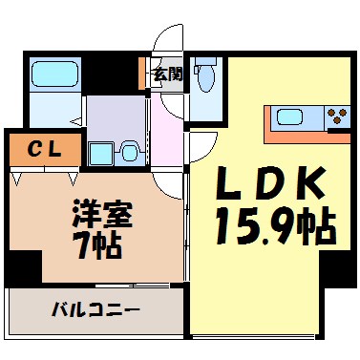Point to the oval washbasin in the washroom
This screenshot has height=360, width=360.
(x=132, y=151)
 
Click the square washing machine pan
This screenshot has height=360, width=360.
(x=100, y=153)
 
